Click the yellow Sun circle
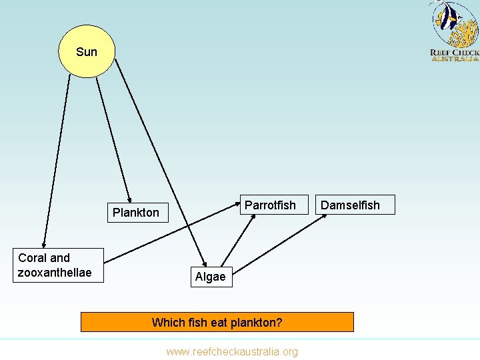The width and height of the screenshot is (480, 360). tap(87, 51)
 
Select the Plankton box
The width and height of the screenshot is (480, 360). tap(136, 213)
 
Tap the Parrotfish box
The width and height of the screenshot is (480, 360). tap(270, 205)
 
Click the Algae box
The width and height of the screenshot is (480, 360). tap(211, 277)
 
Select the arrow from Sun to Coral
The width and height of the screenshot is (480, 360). tap(57, 160)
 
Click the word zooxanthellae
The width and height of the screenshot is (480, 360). tap(55, 273)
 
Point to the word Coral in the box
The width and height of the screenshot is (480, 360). tap(34, 258)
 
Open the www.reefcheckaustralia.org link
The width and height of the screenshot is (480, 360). tap(232, 351)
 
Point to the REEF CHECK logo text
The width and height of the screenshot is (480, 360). tap(455, 53)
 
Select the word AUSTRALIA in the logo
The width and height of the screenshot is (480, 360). tap(455, 59)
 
